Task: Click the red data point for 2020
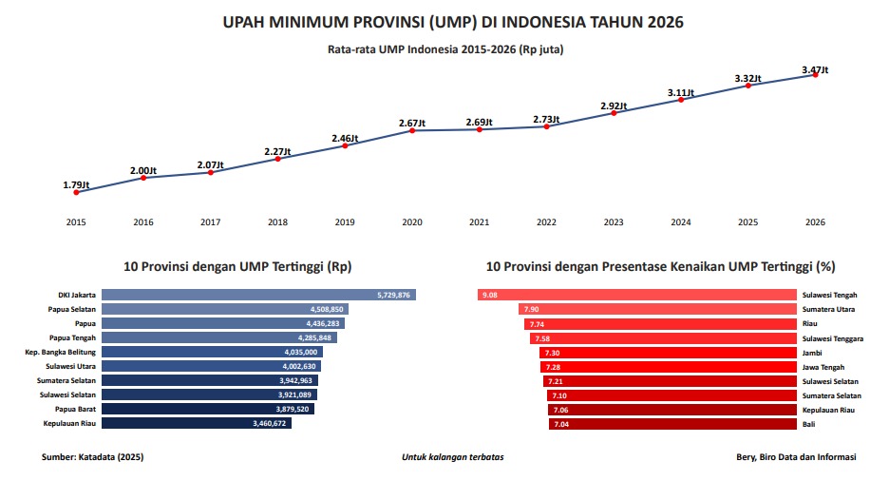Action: [x=413, y=130]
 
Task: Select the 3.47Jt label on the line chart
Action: [x=815, y=69]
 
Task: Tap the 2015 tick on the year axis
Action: [x=76, y=222]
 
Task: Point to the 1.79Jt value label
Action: [x=76, y=184]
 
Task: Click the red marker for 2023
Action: [x=615, y=113]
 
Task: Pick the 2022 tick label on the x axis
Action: [x=546, y=222]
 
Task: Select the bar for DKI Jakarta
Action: [x=258, y=296]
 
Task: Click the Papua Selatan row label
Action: [x=72, y=310]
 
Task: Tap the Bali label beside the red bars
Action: [x=809, y=423]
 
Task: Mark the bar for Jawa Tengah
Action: [x=669, y=366]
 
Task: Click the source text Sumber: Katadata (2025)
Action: [x=92, y=457]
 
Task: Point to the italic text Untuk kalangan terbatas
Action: [x=452, y=457]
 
